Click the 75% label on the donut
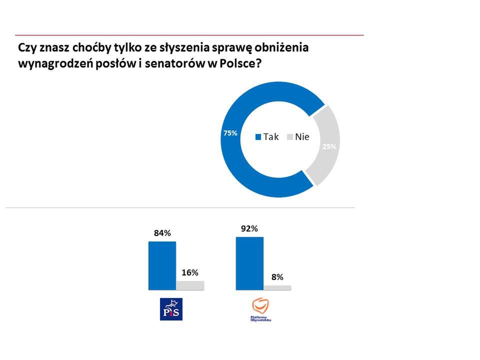coord(230,133)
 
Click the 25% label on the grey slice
coord(329,146)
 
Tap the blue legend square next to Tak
coord(258,137)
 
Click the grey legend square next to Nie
coord(290,137)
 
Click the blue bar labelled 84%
coord(162,265)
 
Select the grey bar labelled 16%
coord(190,285)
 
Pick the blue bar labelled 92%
coord(249,263)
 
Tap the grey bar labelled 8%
coord(277,287)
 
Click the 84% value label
coord(162,233)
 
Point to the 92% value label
coord(249,228)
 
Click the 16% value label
coord(190,272)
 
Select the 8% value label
coord(277,276)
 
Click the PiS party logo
coord(170,309)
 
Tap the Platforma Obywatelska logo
coord(260,309)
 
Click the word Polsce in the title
coord(240,64)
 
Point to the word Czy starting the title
coord(25,48)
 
